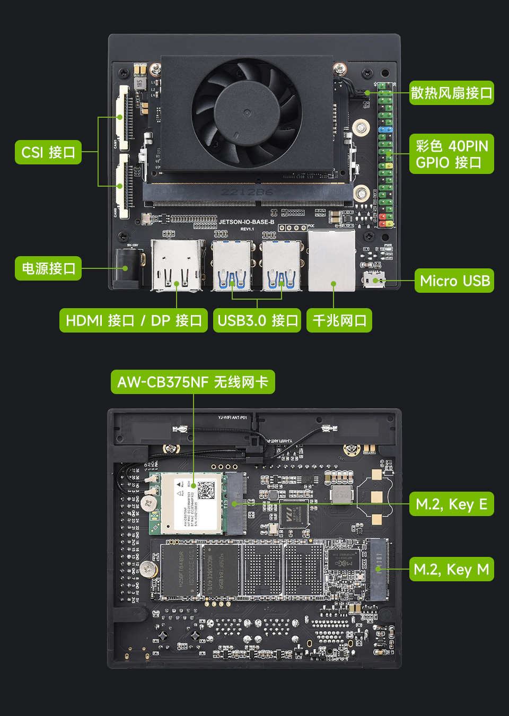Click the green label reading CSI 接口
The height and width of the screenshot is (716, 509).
pyautogui.click(x=48, y=152)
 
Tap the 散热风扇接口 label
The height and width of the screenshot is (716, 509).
pyautogui.click(x=451, y=93)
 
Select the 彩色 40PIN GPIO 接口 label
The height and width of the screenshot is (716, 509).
pyautogui.click(x=451, y=154)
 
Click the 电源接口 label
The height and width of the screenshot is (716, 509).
pyautogui.click(x=48, y=268)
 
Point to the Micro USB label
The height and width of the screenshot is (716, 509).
pyautogui.click(x=454, y=281)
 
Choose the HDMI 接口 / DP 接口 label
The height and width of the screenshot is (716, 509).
pyautogui.click(x=133, y=320)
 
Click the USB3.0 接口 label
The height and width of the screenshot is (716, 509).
pyautogui.click(x=257, y=320)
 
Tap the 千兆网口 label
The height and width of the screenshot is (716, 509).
pyautogui.click(x=339, y=320)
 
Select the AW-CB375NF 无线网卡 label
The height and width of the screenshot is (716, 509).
pyautogui.click(x=192, y=382)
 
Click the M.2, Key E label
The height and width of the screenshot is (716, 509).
pyautogui.click(x=451, y=504)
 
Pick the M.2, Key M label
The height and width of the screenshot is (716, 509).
pyautogui.click(x=451, y=569)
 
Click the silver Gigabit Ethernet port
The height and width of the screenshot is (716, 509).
pyautogui.click(x=331, y=260)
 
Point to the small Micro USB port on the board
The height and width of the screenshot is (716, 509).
pyautogui.click(x=373, y=279)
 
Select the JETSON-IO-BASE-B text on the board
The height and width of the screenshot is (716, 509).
pyautogui.click(x=247, y=222)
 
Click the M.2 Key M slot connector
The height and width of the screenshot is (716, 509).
pyautogui.click(x=378, y=569)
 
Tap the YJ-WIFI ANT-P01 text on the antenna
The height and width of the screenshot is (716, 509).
pyautogui.click(x=232, y=417)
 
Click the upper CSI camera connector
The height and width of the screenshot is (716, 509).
pyautogui.click(x=123, y=117)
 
